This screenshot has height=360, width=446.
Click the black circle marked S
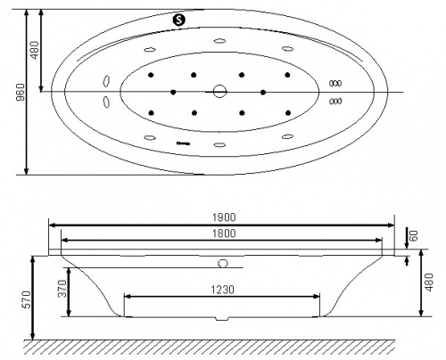tap(179, 20)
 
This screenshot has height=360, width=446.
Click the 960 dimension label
tap(21, 92)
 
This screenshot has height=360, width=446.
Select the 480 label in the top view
tap(35, 50)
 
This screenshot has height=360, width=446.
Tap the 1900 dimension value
tap(224, 217)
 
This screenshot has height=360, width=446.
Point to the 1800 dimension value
tap(224, 233)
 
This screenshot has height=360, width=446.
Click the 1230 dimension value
tap(223, 290)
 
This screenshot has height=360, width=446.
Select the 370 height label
tap(62, 289)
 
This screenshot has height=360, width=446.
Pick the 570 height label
tap(27, 299)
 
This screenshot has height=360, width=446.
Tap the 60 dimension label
tap(414, 235)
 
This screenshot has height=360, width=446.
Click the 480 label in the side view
tap(429, 282)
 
